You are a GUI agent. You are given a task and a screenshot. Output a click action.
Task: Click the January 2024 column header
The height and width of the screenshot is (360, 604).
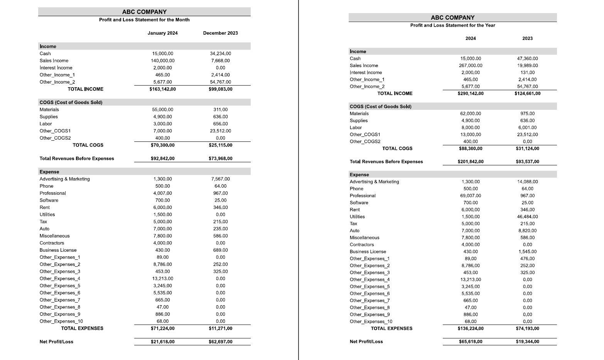[x=162, y=33]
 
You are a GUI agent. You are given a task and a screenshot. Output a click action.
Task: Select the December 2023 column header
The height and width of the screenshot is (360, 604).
[x=220, y=33]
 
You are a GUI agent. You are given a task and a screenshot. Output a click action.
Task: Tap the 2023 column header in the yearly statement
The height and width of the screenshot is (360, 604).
[x=527, y=39]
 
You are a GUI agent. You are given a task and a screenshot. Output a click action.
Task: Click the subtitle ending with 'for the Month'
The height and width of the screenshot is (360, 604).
[x=144, y=20]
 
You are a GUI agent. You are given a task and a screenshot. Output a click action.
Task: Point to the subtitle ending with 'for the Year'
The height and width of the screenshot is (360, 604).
[x=452, y=25]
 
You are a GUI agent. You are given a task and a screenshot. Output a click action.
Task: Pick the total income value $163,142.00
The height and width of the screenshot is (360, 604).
[x=162, y=89]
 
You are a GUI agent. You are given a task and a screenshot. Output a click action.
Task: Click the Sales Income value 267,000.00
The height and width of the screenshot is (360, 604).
[x=471, y=66]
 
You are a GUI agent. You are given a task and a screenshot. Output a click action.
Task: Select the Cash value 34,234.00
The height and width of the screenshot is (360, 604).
[x=220, y=54]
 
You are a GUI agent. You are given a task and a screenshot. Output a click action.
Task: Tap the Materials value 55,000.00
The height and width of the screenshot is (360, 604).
[x=162, y=110]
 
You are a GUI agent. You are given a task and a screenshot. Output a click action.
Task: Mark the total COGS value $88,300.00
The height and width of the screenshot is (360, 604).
[x=471, y=148]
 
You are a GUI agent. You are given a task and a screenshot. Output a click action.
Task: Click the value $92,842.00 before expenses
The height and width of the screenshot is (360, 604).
[x=162, y=159]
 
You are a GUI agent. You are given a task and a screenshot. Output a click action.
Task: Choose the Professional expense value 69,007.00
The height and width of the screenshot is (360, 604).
[x=471, y=196]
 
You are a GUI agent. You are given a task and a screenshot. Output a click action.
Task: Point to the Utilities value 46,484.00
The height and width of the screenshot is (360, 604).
[x=527, y=217]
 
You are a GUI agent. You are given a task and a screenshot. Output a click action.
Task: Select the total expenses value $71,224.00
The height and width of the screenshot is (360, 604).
[x=162, y=328]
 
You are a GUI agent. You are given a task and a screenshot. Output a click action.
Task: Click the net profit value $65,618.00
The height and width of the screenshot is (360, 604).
[x=471, y=341]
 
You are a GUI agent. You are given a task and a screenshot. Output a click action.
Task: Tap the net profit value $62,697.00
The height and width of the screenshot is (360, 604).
[x=220, y=342]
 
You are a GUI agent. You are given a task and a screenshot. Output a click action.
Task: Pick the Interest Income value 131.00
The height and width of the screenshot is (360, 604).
[x=527, y=72]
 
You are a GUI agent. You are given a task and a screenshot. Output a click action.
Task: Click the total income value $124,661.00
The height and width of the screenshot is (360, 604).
[x=527, y=94]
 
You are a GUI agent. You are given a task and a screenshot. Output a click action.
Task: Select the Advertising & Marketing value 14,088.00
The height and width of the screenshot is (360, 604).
[x=527, y=182]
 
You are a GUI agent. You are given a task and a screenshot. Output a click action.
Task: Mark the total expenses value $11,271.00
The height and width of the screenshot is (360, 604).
[x=220, y=328]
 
